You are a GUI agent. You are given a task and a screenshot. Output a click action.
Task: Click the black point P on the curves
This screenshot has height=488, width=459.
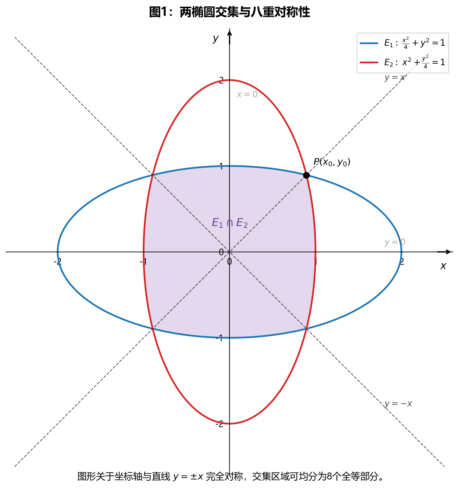pyautogui.click(x=306, y=175)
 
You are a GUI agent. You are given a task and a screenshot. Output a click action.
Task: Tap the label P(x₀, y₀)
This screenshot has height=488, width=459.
pyautogui.click(x=332, y=162)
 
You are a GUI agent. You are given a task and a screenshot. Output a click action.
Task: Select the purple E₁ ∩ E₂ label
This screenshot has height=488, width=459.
pyautogui.click(x=229, y=223)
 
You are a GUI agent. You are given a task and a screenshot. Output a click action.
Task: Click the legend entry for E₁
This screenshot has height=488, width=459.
pyautogui.click(x=402, y=43)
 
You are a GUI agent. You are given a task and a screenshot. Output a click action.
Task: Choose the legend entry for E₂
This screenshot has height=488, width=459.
pyautogui.click(x=402, y=62)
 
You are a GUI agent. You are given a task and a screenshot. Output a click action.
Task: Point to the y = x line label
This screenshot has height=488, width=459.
pyautogui.click(x=395, y=77)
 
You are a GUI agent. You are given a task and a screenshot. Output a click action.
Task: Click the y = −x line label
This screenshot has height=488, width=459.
pyautogui.click(x=398, y=404)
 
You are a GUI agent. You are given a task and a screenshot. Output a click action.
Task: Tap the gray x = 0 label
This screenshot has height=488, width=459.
pyautogui.click(x=247, y=94)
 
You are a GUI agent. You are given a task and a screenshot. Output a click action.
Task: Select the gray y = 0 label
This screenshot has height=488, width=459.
pyautogui.click(x=395, y=242)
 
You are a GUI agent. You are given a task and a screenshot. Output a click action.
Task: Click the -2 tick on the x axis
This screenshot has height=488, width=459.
pyautogui.click(x=57, y=261)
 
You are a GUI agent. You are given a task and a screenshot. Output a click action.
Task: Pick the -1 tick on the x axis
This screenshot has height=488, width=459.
pyautogui.click(x=143, y=261)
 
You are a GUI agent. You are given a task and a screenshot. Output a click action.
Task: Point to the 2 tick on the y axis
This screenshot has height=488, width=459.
pyautogui.click(x=222, y=80)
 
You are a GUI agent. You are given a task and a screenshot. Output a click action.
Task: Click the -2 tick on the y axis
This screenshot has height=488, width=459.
pyautogui.click(x=220, y=424)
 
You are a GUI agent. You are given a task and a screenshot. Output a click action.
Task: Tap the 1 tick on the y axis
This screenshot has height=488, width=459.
pyautogui.click(x=222, y=166)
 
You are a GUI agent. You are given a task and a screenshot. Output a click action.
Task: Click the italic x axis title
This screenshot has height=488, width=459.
pyautogui.click(x=443, y=266)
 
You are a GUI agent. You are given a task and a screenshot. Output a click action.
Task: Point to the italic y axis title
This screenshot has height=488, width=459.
pyautogui.click(x=216, y=39)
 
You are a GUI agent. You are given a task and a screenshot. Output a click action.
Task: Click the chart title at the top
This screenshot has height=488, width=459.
pyautogui.click(x=229, y=12)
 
